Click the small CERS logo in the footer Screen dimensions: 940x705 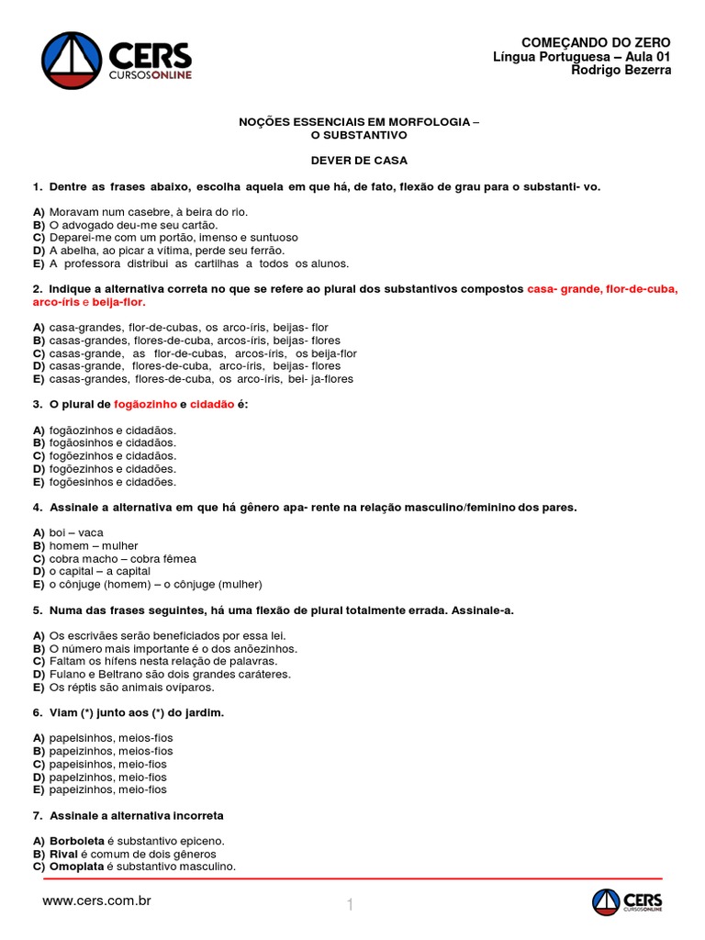coord(627,902)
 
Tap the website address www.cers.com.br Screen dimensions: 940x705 coord(96,901)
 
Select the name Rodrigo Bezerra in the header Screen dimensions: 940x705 coord(621,71)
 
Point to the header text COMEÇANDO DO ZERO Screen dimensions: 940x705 coord(596,43)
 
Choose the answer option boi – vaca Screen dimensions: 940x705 coord(77,532)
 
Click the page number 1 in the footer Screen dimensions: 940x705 coord(350,906)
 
